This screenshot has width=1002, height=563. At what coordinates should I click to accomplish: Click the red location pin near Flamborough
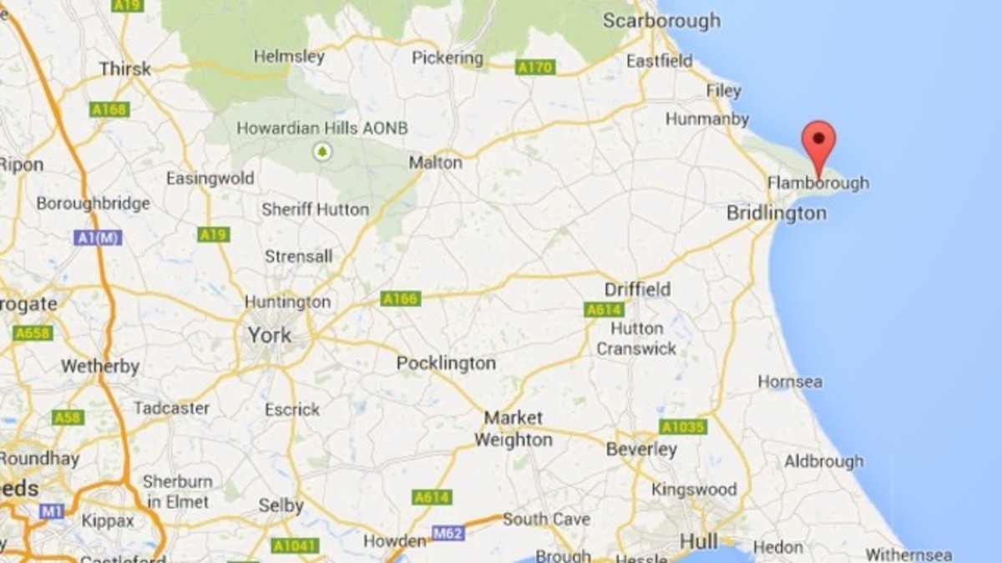(818, 141)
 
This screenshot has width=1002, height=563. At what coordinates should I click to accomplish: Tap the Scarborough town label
(661, 20)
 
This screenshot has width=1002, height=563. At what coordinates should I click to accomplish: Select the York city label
(269, 336)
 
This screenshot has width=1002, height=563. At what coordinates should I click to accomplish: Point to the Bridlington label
(776, 213)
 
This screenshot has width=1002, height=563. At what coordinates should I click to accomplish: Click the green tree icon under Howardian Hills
(321, 152)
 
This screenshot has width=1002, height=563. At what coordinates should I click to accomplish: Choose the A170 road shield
(535, 67)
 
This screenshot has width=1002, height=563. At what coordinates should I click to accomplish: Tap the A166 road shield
(401, 298)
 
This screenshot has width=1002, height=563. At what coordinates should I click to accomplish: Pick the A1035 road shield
(683, 427)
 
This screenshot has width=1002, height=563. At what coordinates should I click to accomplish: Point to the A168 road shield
(110, 109)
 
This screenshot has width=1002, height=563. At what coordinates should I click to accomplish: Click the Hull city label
(699, 541)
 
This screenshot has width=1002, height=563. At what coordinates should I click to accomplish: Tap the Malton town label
(435, 163)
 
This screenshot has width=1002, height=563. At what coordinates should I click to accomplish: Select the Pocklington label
(446, 363)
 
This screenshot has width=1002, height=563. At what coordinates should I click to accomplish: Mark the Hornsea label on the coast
(790, 382)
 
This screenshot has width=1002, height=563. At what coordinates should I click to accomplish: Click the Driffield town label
(638, 289)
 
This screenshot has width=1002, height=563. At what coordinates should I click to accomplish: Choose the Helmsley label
(289, 57)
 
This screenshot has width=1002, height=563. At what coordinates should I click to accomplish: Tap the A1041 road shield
(296, 545)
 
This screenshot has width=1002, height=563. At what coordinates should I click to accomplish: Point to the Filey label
(723, 90)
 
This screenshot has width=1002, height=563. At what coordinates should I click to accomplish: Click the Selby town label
(281, 506)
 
